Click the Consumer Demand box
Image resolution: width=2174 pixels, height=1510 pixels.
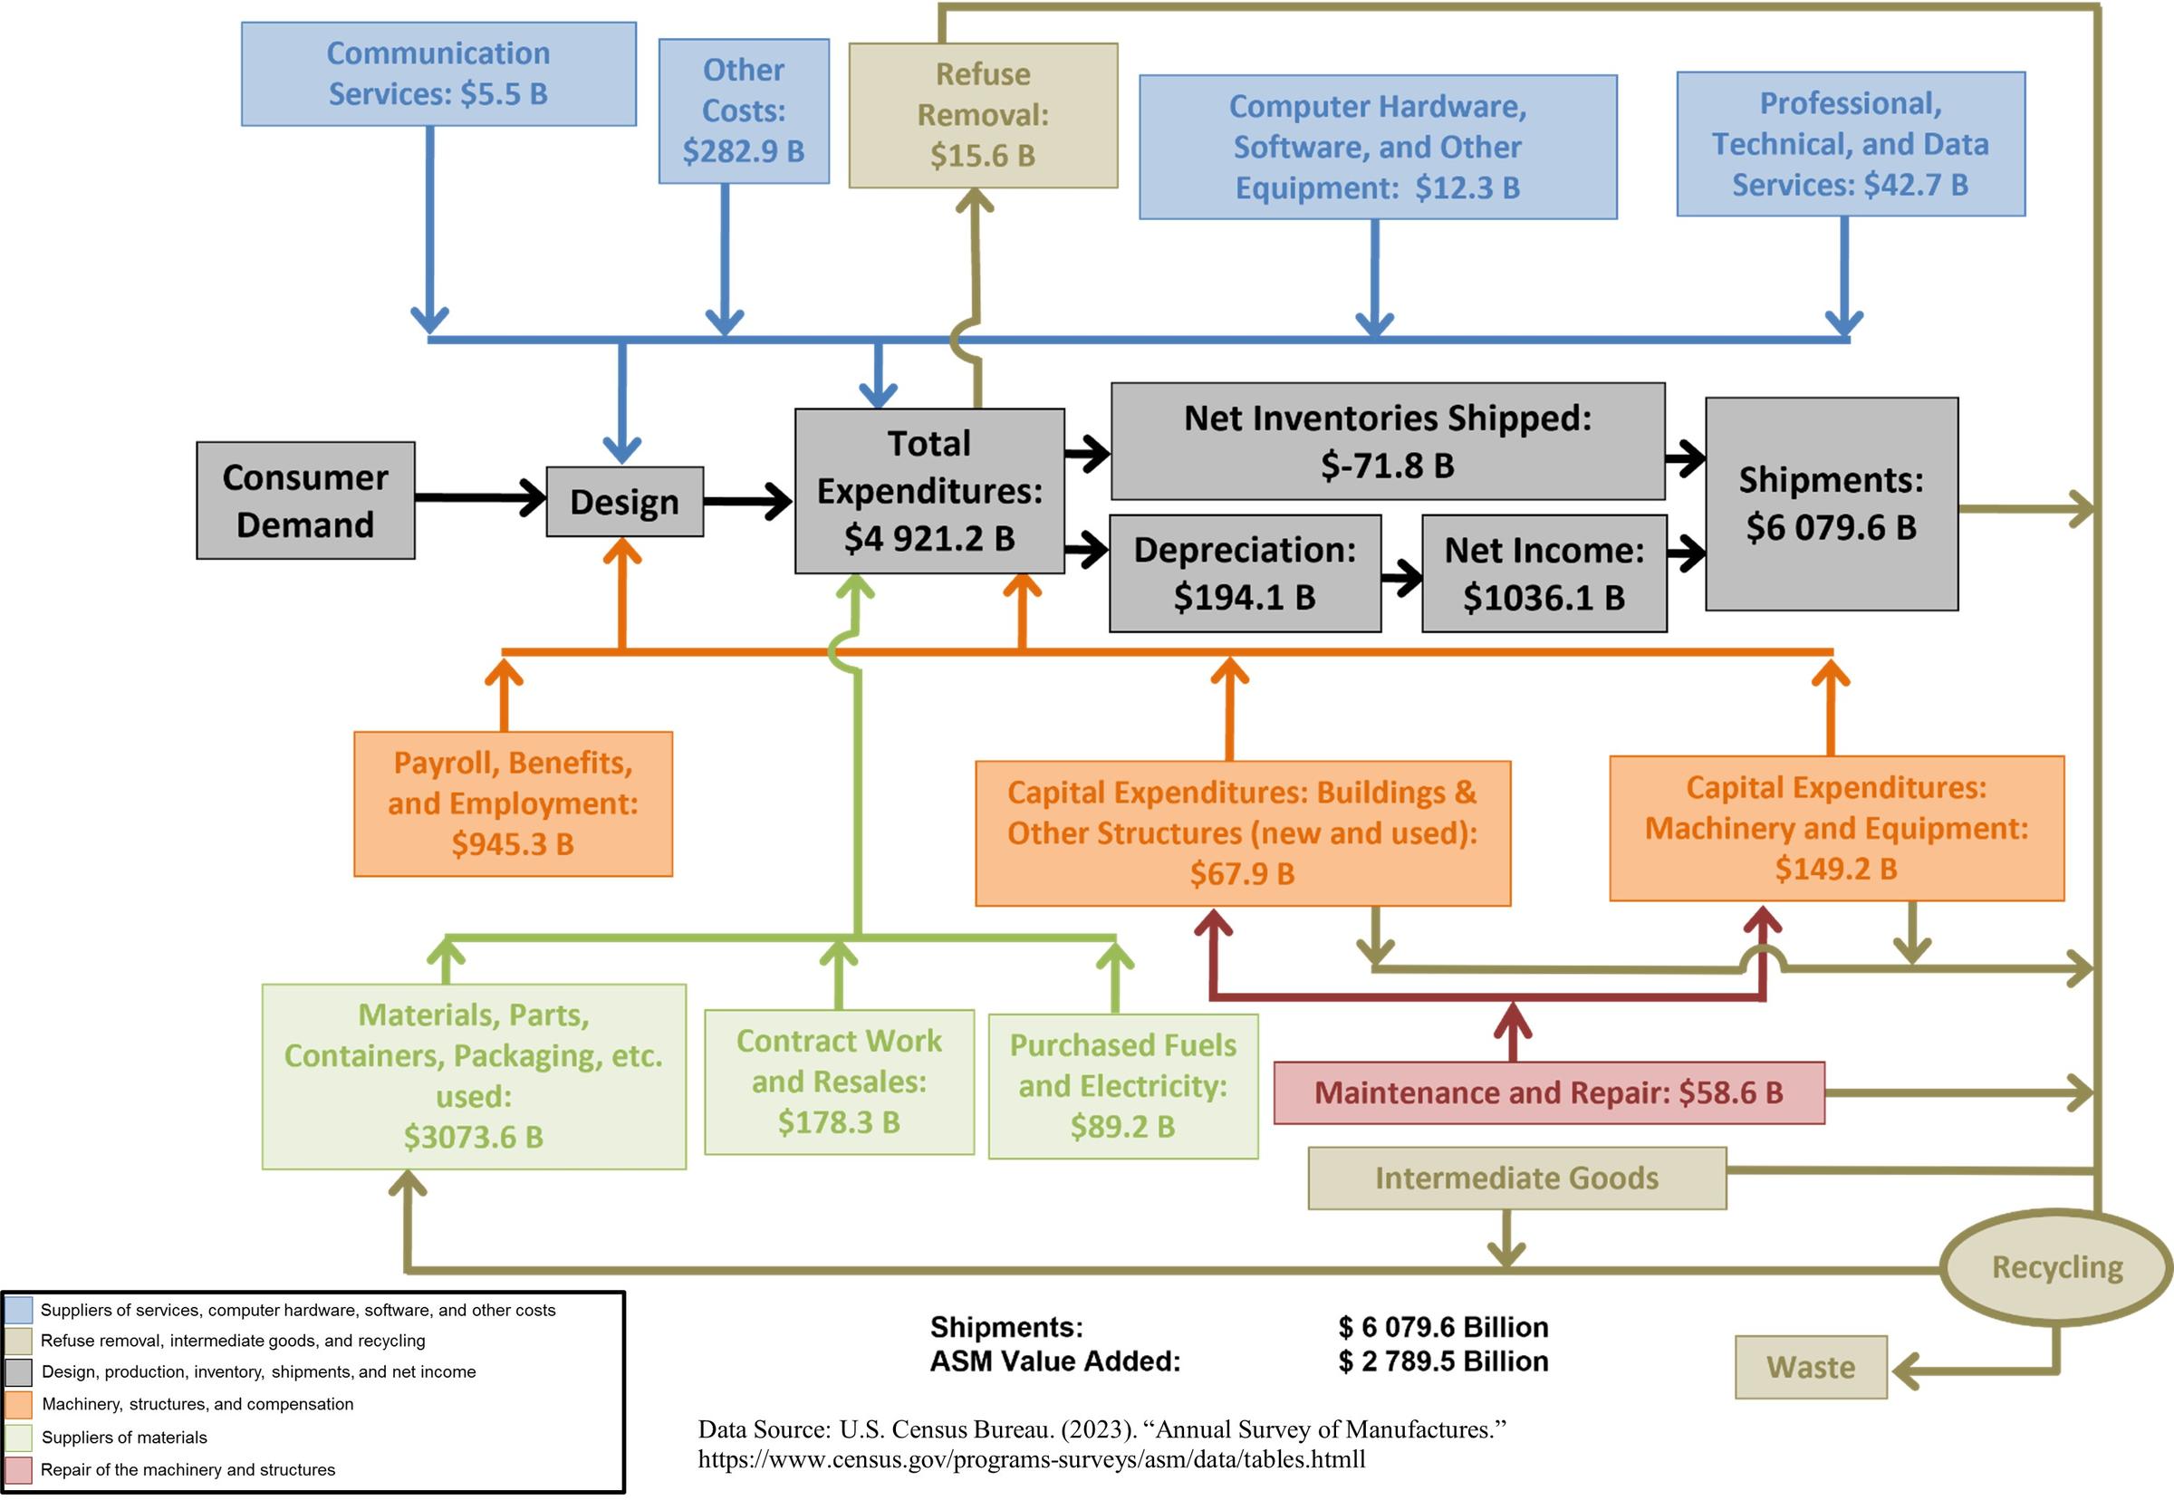(x=304, y=501)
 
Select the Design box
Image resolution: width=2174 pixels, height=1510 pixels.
(x=624, y=502)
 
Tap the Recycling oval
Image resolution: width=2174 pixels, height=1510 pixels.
(x=2055, y=1267)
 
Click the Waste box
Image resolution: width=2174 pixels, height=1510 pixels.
(x=1810, y=1367)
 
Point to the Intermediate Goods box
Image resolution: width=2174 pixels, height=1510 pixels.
(x=1516, y=1178)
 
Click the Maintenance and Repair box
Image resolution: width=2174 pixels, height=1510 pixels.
(x=1548, y=1092)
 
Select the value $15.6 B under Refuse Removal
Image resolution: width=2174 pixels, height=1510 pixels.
(x=982, y=155)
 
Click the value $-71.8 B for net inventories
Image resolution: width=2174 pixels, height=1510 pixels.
(x=1387, y=466)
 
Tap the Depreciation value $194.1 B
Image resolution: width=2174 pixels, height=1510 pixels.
(x=1244, y=597)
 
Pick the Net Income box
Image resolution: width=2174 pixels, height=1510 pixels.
(x=1543, y=573)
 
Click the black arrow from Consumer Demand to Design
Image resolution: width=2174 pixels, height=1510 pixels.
(x=481, y=497)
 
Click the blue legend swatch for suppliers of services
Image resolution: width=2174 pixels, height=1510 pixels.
(x=18, y=1310)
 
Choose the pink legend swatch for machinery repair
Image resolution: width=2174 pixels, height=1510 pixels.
(x=18, y=1469)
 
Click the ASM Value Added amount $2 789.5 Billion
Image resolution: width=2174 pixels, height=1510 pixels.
(x=1443, y=1361)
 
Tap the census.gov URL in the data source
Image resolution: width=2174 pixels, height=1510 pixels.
(x=1031, y=1459)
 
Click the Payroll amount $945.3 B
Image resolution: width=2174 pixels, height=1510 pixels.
(x=512, y=844)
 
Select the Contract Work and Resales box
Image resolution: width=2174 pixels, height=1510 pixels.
(x=838, y=1082)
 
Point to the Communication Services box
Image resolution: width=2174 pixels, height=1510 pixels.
(x=438, y=73)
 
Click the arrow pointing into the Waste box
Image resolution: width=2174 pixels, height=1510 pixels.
(x=1911, y=1369)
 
